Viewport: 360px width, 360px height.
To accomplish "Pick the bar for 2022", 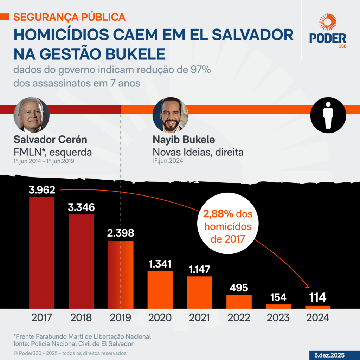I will [239, 301].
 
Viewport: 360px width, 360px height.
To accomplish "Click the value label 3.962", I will [42, 190].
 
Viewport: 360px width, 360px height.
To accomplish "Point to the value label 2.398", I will [121, 233].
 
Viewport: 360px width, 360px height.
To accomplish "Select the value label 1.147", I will [199, 270].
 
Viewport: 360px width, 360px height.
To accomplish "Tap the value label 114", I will [317, 298].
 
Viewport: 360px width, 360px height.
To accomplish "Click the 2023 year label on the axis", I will [278, 317].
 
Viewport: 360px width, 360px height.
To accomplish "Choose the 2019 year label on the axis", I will [121, 317].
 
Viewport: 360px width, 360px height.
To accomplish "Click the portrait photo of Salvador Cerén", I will [32, 115].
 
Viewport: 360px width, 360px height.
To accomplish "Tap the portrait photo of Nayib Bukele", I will [171, 115].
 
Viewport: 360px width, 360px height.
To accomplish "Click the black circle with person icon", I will [328, 115].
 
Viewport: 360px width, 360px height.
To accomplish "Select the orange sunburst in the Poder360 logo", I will [328, 22].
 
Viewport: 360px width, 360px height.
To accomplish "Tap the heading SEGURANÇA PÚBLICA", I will [69, 17].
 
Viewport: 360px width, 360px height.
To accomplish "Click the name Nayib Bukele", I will [184, 140].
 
